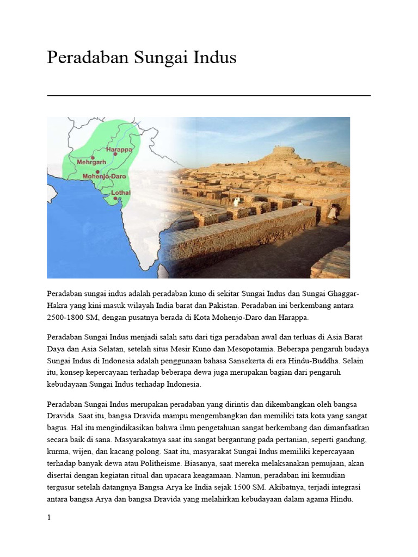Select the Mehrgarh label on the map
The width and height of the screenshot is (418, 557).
click(91, 162)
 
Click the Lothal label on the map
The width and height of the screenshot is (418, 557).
click(121, 193)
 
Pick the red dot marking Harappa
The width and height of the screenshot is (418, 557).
click(115, 154)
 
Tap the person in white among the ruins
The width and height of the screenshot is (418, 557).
click(236, 202)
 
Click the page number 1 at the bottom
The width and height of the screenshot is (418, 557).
click(49, 517)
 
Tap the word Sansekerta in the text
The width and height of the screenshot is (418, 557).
click(268, 360)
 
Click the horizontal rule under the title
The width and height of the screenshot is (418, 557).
click(209, 96)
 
